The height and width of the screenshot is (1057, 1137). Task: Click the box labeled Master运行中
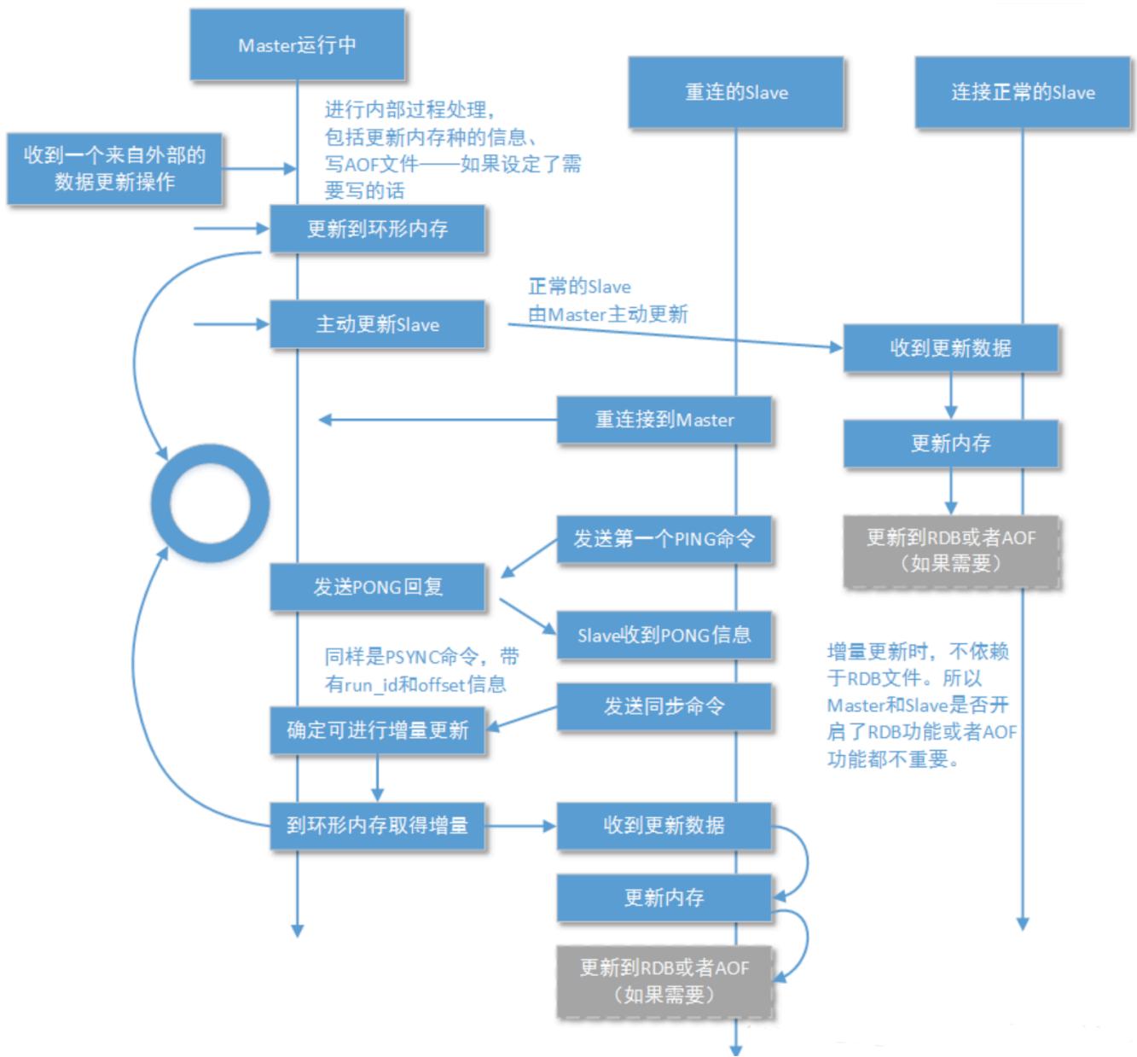[297, 44]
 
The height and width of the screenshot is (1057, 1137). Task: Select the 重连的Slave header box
[735, 91]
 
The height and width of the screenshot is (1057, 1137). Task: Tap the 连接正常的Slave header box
[1023, 91]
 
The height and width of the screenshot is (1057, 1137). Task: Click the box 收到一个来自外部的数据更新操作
[114, 168]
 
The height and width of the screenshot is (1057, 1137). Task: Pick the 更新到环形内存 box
[377, 229]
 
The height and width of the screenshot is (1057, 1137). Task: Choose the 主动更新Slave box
[377, 324]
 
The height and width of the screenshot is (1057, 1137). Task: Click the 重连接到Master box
[664, 420]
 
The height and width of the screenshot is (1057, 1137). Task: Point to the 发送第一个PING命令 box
[664, 539]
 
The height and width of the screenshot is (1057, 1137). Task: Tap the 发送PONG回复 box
[377, 587]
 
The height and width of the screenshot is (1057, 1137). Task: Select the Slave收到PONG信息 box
[664, 635]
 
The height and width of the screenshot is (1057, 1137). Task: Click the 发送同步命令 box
[664, 706]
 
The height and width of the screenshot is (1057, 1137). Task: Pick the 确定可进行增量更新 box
[377, 730]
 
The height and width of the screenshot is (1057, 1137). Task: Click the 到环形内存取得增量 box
[377, 826]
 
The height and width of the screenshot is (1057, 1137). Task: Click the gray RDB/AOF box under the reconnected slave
[664, 981]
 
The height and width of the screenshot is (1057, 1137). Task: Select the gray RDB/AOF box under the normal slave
[951, 551]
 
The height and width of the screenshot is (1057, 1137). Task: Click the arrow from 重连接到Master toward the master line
[438, 420]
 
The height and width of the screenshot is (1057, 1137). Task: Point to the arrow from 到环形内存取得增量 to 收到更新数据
[520, 826]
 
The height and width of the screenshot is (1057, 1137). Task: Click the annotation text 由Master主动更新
[607, 314]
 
